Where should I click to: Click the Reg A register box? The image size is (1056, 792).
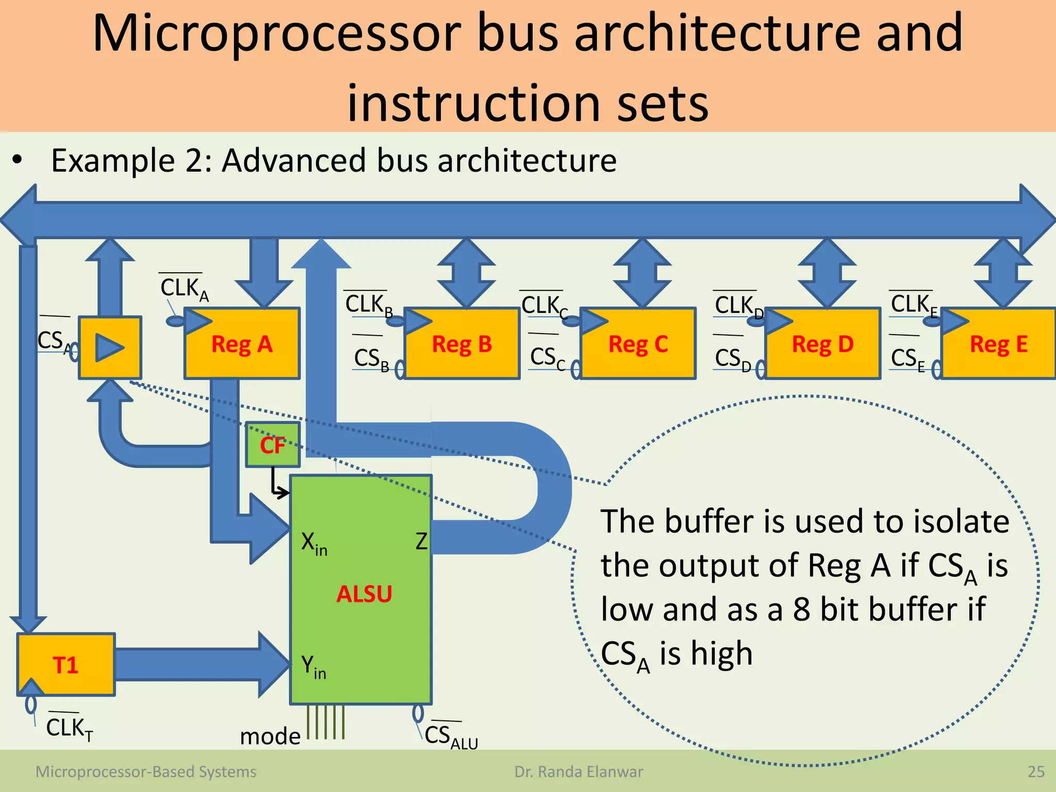[242, 344]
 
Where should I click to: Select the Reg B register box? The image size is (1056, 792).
[462, 344]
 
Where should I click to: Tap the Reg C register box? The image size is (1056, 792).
[638, 344]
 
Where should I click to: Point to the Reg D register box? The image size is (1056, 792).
[823, 344]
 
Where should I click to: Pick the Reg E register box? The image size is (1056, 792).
[999, 344]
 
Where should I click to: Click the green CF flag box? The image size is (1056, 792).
[273, 444]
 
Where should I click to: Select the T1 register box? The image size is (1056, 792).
[65, 665]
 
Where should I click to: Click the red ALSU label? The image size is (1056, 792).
[364, 594]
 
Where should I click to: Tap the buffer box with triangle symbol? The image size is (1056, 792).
[110, 348]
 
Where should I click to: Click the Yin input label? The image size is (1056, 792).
[313, 666]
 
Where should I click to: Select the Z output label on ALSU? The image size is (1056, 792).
[421, 541]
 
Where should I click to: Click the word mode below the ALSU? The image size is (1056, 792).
[270, 736]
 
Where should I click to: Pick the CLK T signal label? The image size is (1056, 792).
[69, 728]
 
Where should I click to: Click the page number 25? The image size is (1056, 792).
[1035, 772]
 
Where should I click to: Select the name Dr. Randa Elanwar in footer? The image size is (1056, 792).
[579, 772]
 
